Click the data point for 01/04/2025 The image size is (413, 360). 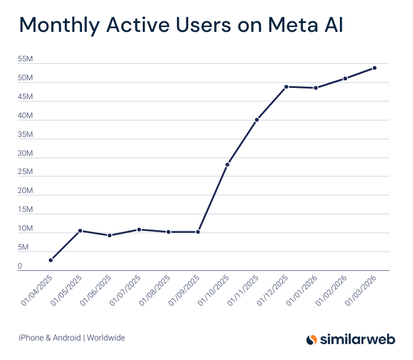pyautogui.click(x=51, y=260)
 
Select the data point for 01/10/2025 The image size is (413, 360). pyautogui.click(x=227, y=165)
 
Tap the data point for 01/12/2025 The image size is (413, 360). pyautogui.click(x=286, y=87)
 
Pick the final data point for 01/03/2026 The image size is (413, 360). pyautogui.click(x=375, y=68)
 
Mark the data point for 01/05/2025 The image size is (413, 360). pyautogui.click(x=80, y=231)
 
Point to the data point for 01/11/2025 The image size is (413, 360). pyautogui.click(x=257, y=120)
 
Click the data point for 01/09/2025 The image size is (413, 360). pyautogui.click(x=198, y=232)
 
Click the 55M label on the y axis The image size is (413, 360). pyautogui.click(x=25, y=60)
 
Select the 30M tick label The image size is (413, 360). pyautogui.click(x=25, y=153)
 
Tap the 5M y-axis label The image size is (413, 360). pyautogui.click(x=22, y=248)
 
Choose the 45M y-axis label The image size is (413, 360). pyautogui.click(x=25, y=97)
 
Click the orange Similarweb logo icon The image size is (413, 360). pyautogui.click(x=312, y=339)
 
